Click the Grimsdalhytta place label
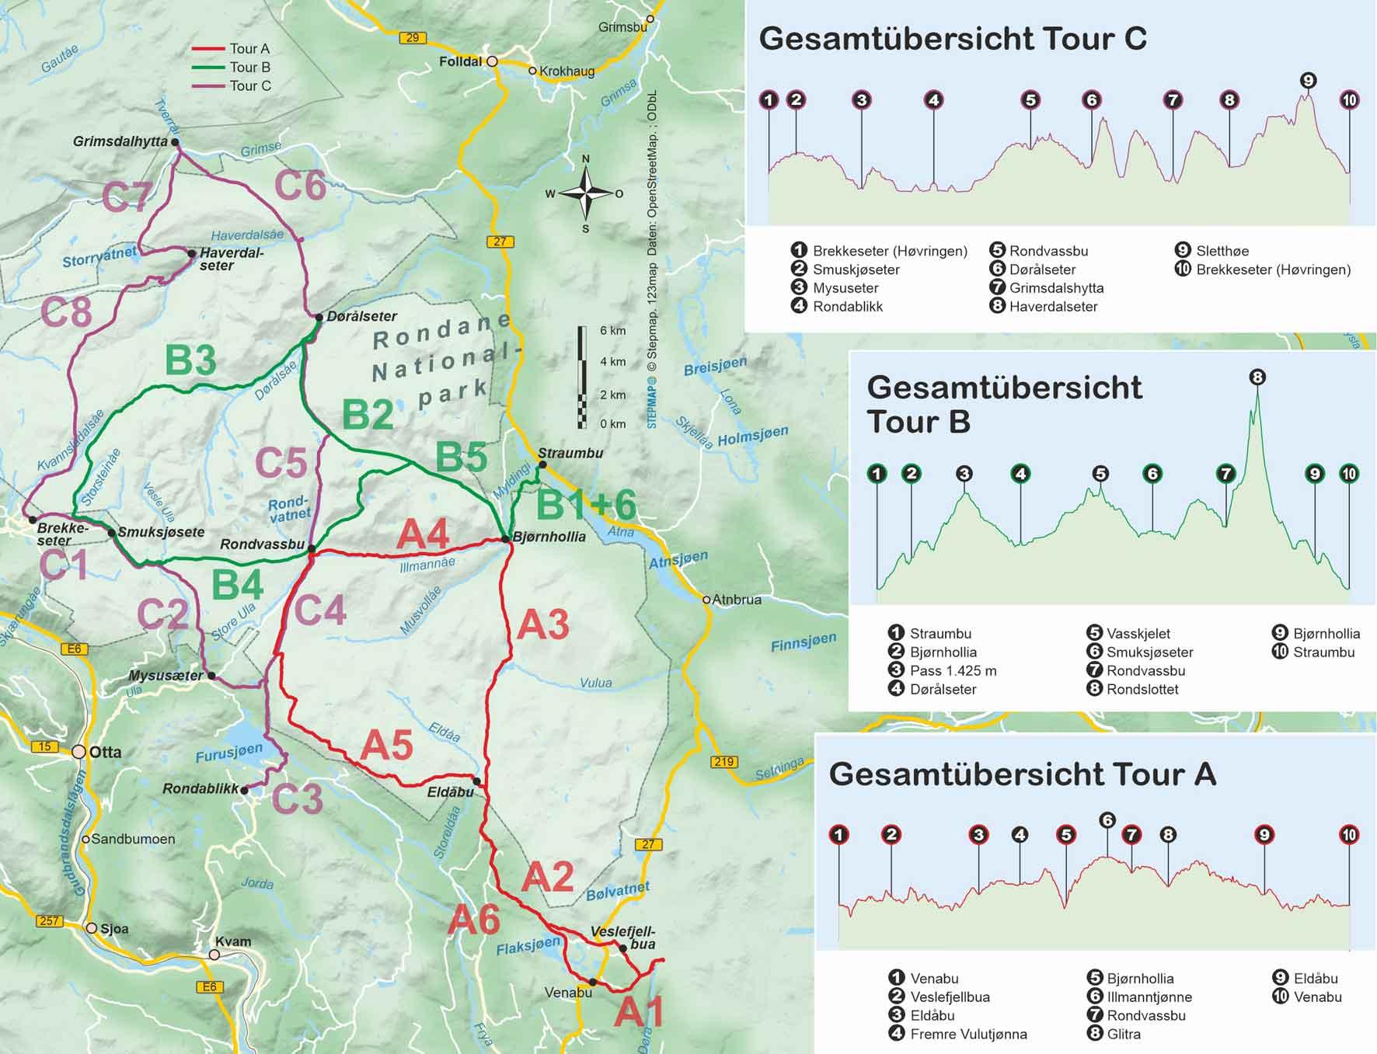120,141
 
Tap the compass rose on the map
587,193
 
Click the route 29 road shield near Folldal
412,37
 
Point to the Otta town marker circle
79,752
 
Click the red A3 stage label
543,625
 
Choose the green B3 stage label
190,361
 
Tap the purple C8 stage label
66,313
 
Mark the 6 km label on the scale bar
613,331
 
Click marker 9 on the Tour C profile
1308,81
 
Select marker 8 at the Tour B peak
1257,377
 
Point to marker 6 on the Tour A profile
1107,820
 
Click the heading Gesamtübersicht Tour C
952,39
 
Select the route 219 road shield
723,762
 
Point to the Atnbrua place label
736,600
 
